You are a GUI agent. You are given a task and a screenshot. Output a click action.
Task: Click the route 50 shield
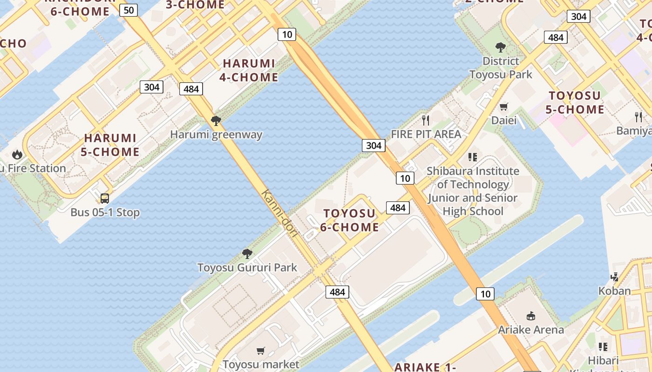pos(128,10)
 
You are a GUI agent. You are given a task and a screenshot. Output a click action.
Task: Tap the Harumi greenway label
pos(216,135)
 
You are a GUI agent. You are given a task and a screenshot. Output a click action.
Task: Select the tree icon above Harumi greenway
pos(216,121)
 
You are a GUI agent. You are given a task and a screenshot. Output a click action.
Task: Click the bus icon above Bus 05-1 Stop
pos(105,199)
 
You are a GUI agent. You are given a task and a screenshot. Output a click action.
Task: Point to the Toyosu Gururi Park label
pos(247,267)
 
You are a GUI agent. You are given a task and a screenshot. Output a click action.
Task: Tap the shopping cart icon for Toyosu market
pos(260,351)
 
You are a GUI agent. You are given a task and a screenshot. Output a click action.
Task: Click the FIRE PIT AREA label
pos(426,134)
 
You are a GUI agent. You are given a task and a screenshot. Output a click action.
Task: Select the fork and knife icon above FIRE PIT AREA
pos(426,120)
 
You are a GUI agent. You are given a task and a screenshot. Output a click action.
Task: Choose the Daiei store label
pos(504,120)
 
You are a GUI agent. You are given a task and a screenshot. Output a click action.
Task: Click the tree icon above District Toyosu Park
pos(501,47)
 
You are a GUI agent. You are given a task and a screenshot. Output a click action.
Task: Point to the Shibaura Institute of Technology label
pos(473,191)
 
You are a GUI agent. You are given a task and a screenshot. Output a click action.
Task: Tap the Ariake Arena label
pos(531,330)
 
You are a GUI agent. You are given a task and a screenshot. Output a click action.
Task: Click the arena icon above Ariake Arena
pos(530,316)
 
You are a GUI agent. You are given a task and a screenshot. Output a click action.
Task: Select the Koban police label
pos(614,291)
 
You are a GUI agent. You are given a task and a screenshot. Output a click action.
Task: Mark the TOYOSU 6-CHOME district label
pos(349,220)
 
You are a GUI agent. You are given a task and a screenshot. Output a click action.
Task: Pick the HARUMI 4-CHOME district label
pos(249,70)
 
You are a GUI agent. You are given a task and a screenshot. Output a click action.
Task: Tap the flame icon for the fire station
pos(17,154)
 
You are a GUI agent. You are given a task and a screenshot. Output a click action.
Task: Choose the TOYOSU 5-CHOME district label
pos(576,103)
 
